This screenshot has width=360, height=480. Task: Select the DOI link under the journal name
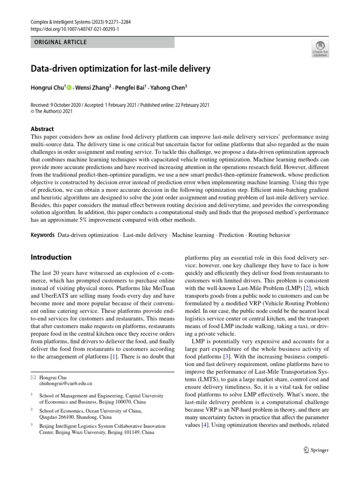click(75, 28)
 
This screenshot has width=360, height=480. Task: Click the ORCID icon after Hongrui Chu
click(69, 87)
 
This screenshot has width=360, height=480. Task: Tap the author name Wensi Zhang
click(93, 87)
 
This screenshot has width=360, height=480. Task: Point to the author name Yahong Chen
click(170, 87)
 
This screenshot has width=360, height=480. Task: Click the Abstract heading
click(42, 129)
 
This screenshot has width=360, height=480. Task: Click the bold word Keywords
click(42, 234)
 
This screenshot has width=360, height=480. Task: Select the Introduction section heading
click(51, 257)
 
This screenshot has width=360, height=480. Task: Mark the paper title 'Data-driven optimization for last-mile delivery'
click(120, 69)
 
